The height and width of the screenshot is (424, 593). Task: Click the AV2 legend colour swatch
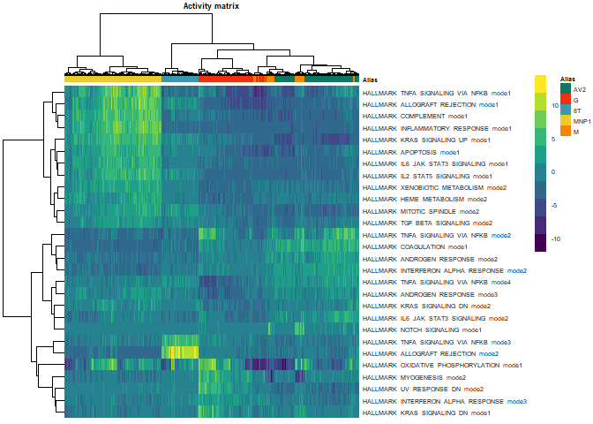(x=565, y=89)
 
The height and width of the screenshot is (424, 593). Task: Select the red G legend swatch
(x=565, y=100)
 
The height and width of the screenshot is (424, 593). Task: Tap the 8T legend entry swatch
(x=565, y=110)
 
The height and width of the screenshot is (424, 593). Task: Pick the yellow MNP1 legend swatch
(x=565, y=121)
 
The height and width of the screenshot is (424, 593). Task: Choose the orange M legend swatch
(x=565, y=132)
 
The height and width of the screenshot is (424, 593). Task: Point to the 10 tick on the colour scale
(x=554, y=105)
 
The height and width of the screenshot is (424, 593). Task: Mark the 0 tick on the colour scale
(x=554, y=171)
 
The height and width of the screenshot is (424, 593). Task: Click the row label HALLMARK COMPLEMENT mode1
(x=415, y=116)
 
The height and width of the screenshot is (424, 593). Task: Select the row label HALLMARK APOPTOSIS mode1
(x=410, y=152)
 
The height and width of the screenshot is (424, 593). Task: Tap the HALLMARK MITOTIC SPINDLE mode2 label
(x=420, y=211)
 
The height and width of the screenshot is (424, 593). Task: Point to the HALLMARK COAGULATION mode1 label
(x=415, y=247)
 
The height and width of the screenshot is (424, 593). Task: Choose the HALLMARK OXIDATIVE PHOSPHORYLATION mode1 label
(x=442, y=365)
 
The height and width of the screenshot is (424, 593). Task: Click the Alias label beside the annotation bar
(x=370, y=79)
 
